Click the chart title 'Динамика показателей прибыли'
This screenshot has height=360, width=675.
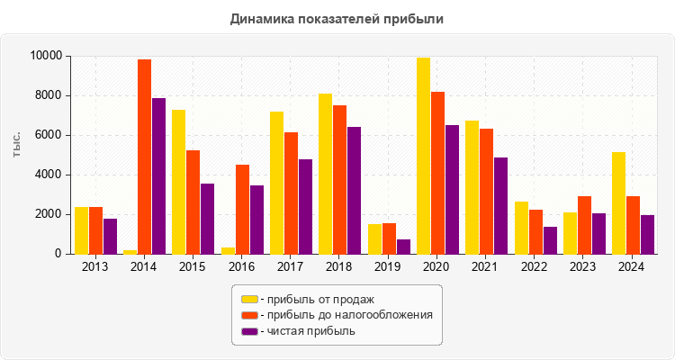coord(337,18)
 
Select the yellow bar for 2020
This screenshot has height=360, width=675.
coord(423,156)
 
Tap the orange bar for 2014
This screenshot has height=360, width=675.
coord(144,157)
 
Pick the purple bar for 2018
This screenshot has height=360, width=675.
coord(354,190)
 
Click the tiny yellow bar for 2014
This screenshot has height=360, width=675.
coord(130,251)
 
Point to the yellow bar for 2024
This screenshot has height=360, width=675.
coord(618,202)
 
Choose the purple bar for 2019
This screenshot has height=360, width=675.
coord(403,247)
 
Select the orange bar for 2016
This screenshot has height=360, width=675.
coord(242,209)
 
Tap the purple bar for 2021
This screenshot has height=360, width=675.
coord(500,205)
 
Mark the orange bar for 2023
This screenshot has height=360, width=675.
coord(584,225)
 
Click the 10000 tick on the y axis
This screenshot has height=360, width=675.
coord(45,56)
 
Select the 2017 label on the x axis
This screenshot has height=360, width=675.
coord(291,267)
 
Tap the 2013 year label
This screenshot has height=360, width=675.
coord(95,267)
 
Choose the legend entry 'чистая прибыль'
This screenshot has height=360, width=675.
coord(307,331)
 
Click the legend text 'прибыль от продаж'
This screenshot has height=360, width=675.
coord(315,299)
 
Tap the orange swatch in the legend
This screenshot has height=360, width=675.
coord(249,315)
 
